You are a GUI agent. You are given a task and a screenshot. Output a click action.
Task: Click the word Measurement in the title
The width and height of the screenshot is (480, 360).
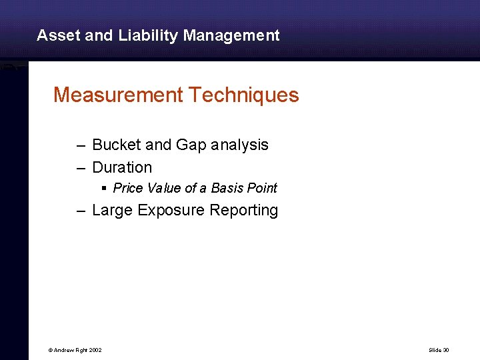[x=117, y=95]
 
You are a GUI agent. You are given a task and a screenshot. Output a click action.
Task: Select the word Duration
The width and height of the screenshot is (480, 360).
[x=122, y=167]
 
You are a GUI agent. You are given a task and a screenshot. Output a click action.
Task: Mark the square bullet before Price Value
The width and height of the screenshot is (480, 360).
[x=105, y=189]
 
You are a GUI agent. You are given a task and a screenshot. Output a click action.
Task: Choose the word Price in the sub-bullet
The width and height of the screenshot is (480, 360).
[x=127, y=189]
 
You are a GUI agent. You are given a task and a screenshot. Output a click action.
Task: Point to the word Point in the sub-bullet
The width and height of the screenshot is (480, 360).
[x=262, y=189]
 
